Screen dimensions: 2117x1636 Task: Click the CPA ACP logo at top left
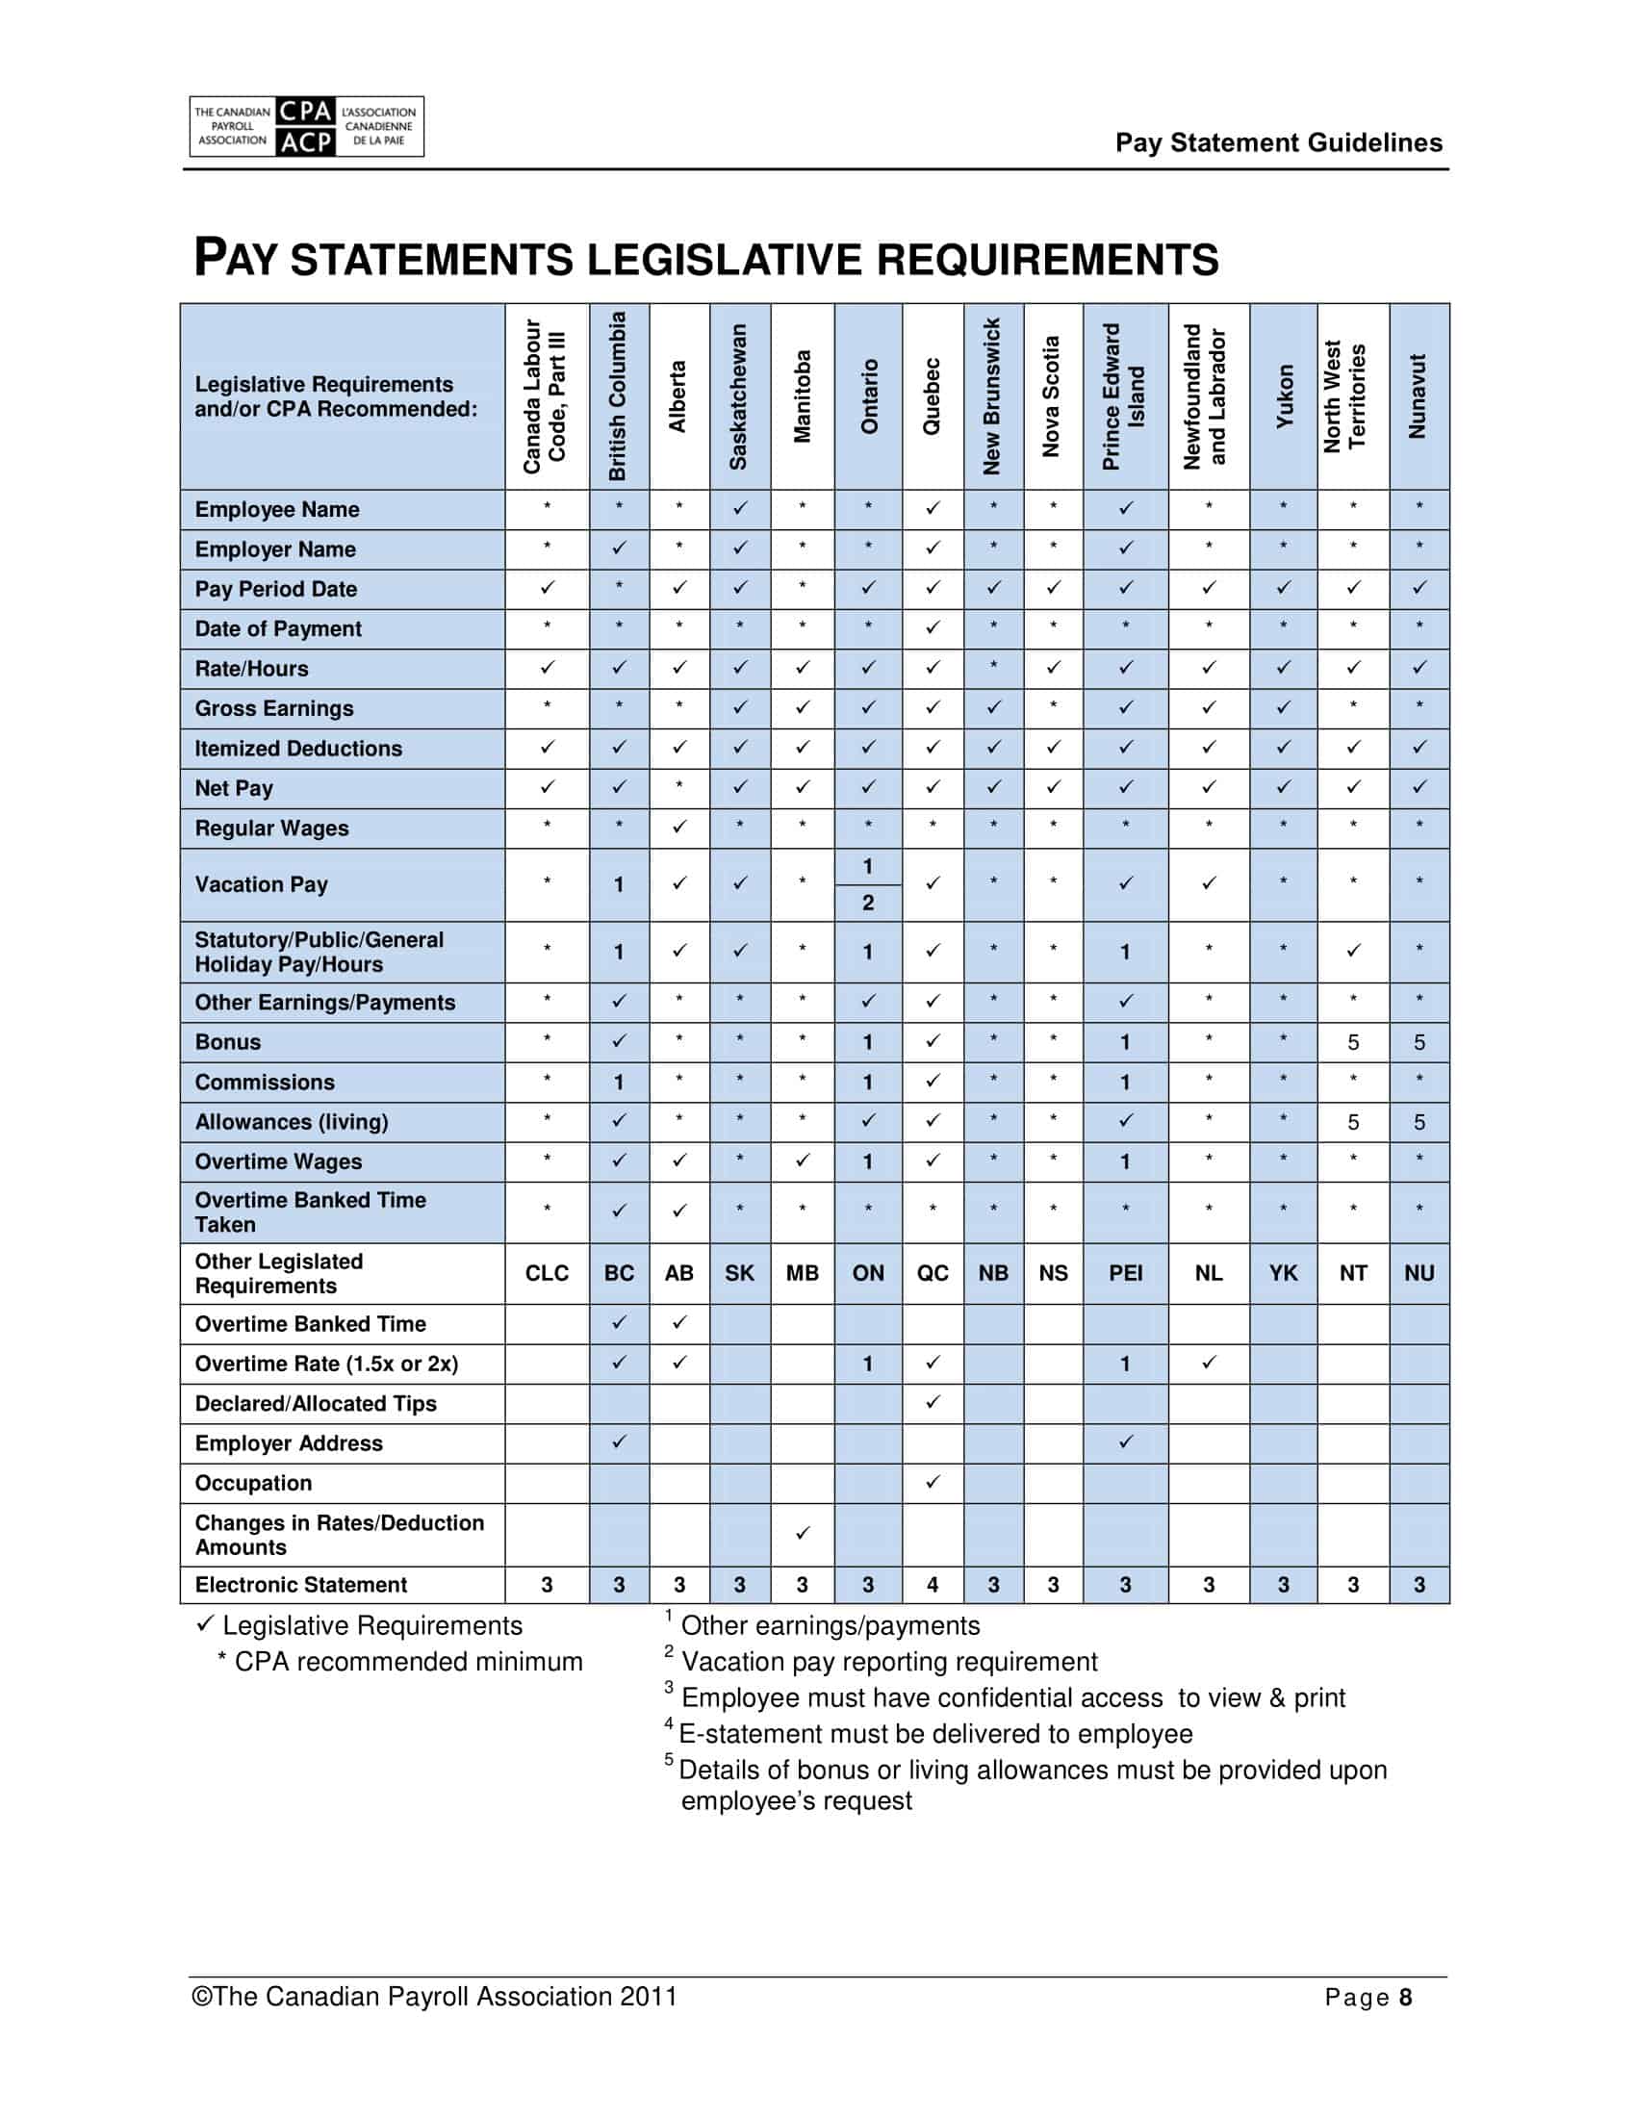pos(306,126)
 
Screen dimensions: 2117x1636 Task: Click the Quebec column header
pos(933,396)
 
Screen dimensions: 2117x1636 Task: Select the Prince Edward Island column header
pos(1124,396)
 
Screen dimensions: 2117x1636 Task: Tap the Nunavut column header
pos(1418,396)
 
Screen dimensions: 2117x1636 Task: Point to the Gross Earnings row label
pos(274,708)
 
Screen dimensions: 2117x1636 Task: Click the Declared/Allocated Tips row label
pos(316,1404)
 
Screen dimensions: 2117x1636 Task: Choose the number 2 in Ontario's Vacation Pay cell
pos(867,904)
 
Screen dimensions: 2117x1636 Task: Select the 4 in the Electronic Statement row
pos(933,1585)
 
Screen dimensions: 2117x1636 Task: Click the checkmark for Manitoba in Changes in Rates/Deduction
pos(803,1534)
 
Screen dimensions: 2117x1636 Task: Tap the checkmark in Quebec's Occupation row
pos(933,1482)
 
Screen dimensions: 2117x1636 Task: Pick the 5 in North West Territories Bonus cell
pos(1353,1043)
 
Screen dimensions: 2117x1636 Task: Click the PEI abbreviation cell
pos(1124,1274)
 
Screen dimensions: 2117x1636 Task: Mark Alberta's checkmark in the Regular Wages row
pos(679,827)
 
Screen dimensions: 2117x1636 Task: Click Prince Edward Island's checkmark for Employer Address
pos(1124,1442)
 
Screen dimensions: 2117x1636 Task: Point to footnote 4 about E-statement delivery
pos(935,1734)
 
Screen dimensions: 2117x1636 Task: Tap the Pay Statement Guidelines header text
pos(1278,142)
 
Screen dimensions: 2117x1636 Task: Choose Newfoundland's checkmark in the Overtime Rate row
pos(1209,1363)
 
